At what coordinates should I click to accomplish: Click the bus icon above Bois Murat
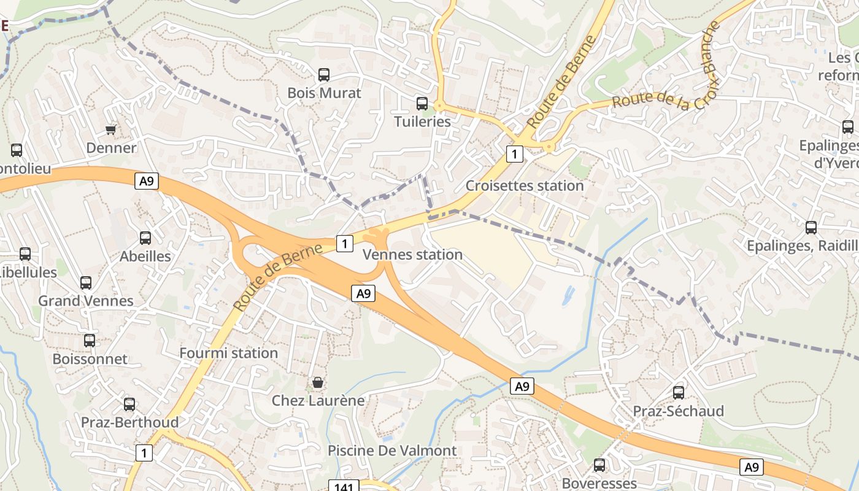pos(324,75)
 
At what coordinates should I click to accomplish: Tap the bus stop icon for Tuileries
pos(422,104)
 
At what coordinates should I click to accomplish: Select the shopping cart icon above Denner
pos(111,130)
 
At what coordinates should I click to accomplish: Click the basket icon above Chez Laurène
pos(318,383)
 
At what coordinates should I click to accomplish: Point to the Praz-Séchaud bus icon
pos(679,393)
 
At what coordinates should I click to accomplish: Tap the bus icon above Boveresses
pos(599,465)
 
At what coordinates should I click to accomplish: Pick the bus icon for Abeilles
pos(145,238)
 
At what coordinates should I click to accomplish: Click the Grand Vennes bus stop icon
pos(86,283)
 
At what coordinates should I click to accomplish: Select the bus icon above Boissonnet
pos(90,341)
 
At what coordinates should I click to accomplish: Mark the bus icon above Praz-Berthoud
pos(129,404)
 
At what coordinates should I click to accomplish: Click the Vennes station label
pos(413,254)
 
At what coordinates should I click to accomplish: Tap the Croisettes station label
pos(525,185)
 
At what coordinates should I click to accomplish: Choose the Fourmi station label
pos(228,353)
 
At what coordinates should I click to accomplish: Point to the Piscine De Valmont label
pos(392,450)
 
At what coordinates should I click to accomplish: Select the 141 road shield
pos(344,487)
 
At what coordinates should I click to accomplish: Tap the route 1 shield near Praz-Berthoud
pos(144,454)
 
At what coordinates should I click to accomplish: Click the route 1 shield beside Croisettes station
pos(515,153)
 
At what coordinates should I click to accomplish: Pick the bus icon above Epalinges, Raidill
pos(811,228)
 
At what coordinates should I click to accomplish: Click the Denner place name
pos(111,148)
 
